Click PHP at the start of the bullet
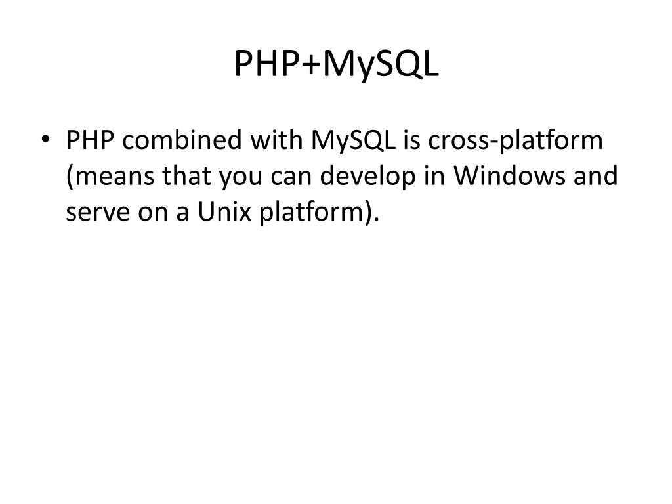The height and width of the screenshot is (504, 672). (x=91, y=140)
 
